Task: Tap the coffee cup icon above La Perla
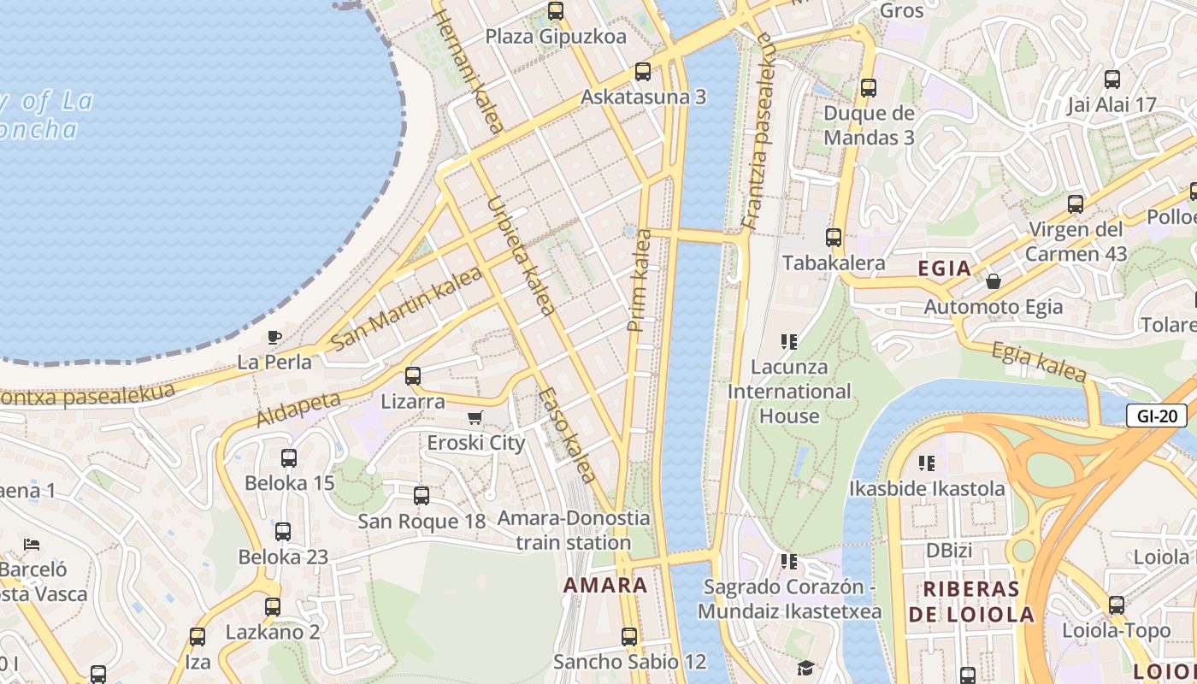[274, 337]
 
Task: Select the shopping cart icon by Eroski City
[475, 418]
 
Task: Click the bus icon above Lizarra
[413, 375]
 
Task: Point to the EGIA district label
[944, 268]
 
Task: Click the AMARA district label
[604, 586]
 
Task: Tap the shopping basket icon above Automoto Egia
[994, 280]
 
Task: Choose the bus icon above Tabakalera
[834, 238]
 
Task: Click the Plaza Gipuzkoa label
[556, 37]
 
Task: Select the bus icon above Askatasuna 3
[643, 72]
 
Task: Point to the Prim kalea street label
[640, 280]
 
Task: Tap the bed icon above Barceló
[32, 544]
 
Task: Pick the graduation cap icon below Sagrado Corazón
[805, 668]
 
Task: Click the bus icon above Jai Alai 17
[1112, 80]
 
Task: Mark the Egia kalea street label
[1038, 362]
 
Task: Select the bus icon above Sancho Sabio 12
[629, 636]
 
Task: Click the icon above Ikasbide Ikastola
[927, 463]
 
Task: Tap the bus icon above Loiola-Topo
[1117, 605]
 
